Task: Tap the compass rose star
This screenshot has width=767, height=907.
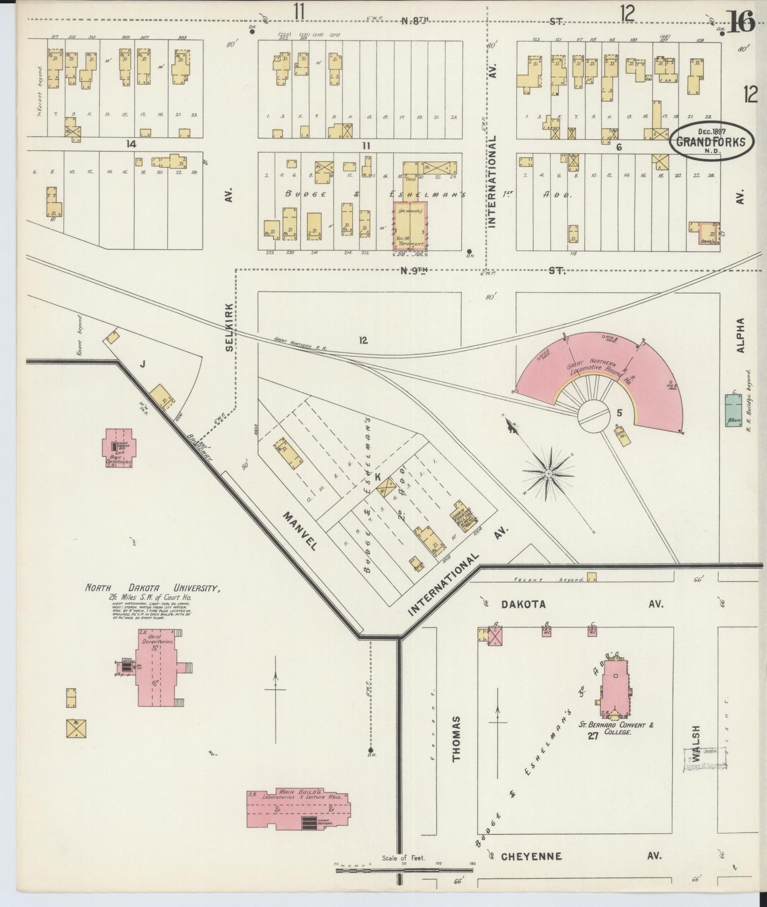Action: tap(548, 472)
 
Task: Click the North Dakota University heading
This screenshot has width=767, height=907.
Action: tap(152, 588)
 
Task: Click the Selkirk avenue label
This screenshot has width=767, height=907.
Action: tap(229, 327)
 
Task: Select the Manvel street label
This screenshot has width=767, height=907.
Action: tap(300, 530)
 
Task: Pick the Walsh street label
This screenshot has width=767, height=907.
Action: tap(696, 745)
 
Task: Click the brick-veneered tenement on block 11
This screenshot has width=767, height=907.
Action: tap(409, 225)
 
